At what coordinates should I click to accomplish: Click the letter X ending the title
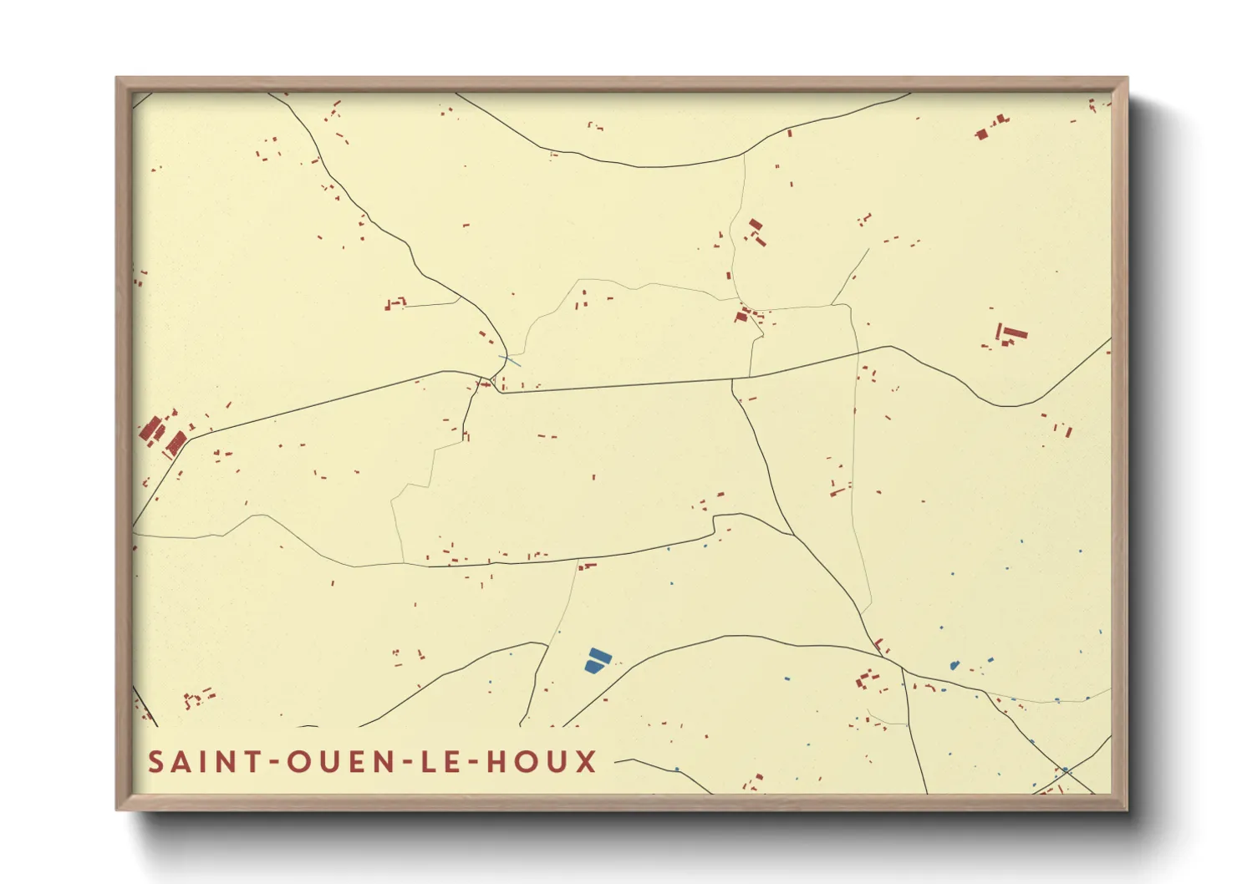[x=587, y=762]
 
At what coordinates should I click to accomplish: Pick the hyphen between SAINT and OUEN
[x=274, y=763]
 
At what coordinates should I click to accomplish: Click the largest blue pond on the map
[x=597, y=660]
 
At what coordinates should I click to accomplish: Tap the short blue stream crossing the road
[x=510, y=360]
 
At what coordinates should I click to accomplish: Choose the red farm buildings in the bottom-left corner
[x=197, y=698]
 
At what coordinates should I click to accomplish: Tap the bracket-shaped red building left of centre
[x=395, y=303]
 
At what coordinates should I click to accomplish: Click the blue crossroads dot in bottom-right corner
[x=1065, y=770]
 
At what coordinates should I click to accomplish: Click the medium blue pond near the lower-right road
[x=954, y=666]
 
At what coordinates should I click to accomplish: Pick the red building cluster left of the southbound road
[x=867, y=680]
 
